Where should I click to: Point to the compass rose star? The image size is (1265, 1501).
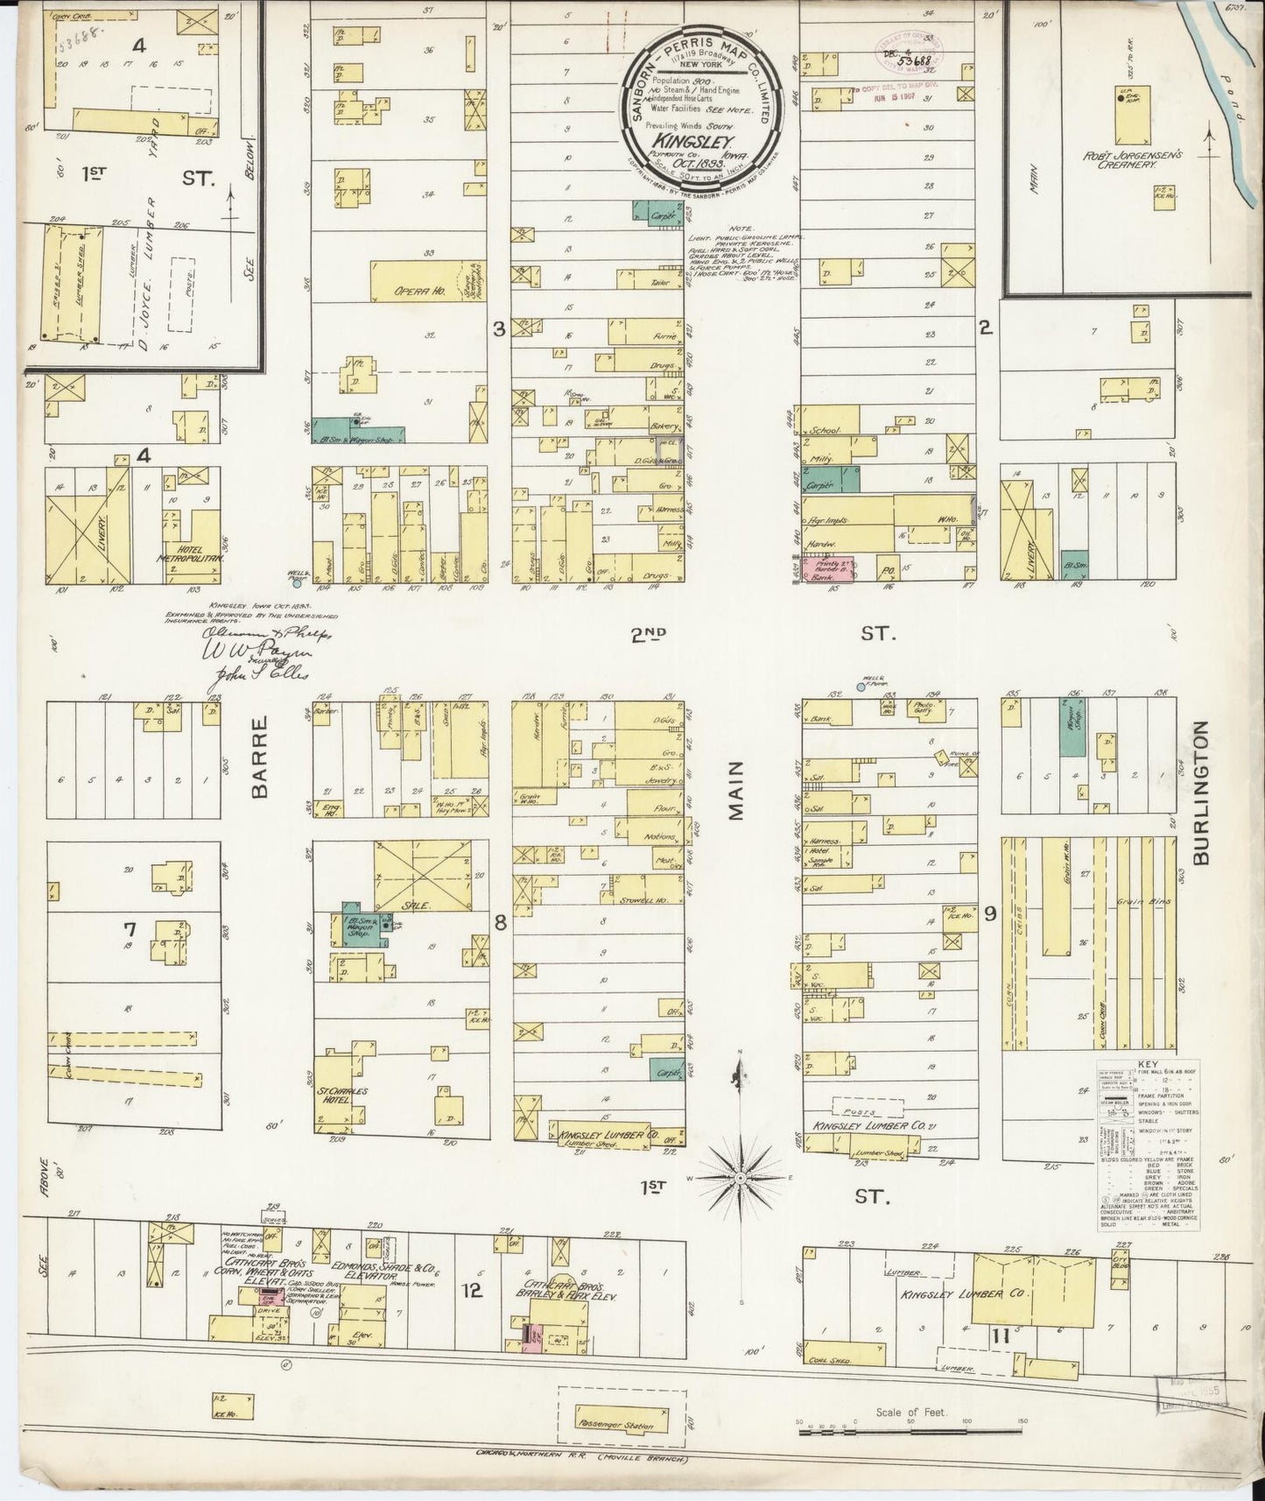pos(741,1179)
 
